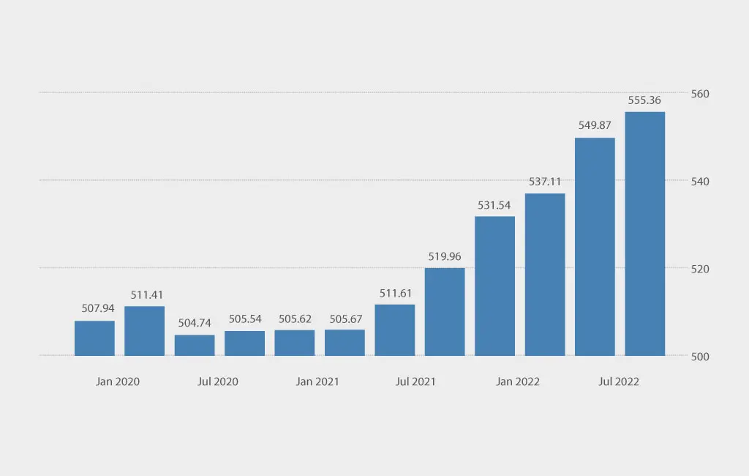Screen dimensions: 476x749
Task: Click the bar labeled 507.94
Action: [x=94, y=338]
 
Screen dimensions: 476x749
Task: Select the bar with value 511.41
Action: [x=144, y=331]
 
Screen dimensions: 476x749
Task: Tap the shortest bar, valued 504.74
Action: [x=195, y=346]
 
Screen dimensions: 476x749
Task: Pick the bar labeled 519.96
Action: [x=445, y=312]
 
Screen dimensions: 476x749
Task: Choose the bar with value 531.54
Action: [x=494, y=286]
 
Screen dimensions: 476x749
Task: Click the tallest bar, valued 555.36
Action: [x=644, y=234]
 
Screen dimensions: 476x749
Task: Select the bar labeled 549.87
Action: [x=595, y=247]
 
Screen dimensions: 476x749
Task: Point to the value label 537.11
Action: [x=545, y=182]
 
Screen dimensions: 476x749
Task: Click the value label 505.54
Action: [x=245, y=319]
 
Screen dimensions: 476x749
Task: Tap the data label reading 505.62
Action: [x=295, y=319]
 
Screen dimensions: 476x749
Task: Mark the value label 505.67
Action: [x=345, y=319]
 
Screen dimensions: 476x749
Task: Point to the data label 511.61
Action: [x=395, y=294]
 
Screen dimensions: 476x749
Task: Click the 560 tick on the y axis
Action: [x=700, y=94]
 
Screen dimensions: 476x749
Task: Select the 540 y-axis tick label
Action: [x=700, y=182]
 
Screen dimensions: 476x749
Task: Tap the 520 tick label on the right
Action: [x=700, y=269]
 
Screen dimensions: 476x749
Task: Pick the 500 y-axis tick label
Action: [x=700, y=357]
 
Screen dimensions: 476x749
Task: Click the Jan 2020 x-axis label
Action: [x=118, y=382]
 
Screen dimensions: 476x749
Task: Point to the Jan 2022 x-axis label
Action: [x=518, y=382]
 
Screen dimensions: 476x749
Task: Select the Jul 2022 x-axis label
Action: [x=619, y=382]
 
